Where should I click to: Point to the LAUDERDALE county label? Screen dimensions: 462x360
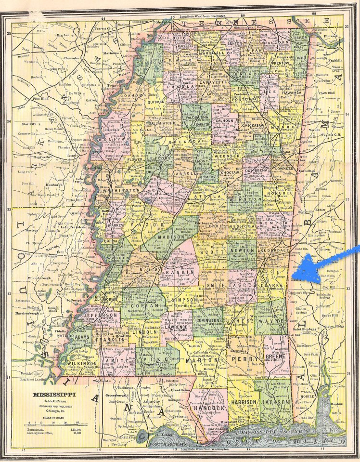(x=273, y=251)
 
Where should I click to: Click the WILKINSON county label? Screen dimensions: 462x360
(x=84, y=363)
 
